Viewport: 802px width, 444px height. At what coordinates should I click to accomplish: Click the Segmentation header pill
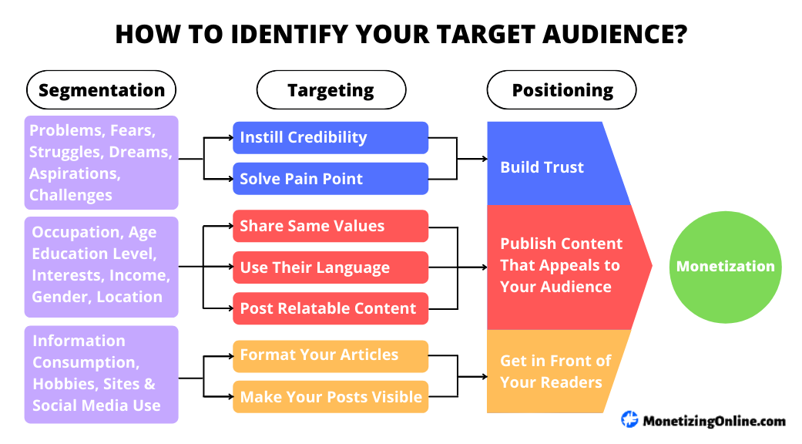(101, 90)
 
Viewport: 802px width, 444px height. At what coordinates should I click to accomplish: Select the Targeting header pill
(331, 90)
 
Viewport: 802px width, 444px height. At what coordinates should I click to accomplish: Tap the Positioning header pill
(562, 90)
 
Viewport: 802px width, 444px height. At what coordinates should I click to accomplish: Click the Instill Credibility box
(330, 137)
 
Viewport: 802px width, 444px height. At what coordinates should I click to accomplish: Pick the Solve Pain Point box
(330, 179)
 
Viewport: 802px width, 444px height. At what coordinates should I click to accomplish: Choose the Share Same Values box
(330, 226)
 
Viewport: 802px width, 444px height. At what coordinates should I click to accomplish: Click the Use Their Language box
(330, 267)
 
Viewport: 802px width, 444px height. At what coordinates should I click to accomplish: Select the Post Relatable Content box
(330, 308)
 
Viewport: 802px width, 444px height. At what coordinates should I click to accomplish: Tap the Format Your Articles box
(330, 355)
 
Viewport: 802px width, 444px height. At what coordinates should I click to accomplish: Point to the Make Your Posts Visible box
(330, 397)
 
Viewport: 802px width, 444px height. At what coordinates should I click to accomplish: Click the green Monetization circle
(725, 266)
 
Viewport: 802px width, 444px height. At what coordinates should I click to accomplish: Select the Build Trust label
(542, 167)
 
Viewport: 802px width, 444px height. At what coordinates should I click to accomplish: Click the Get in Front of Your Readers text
(555, 371)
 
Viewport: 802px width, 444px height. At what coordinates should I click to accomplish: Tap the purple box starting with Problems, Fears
(101, 163)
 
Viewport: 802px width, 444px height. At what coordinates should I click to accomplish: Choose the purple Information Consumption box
(101, 374)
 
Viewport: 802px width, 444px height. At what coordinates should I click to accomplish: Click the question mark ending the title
(680, 35)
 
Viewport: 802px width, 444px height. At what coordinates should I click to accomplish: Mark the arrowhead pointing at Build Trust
(485, 159)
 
